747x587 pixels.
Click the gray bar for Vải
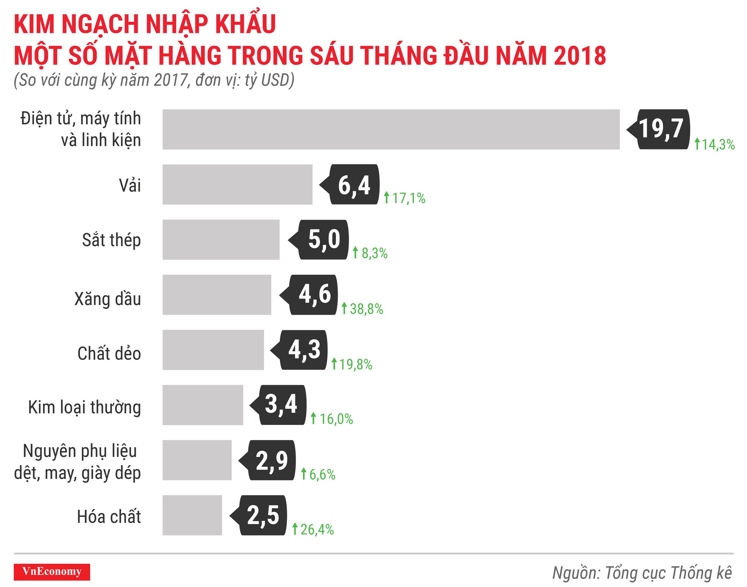(x=237, y=185)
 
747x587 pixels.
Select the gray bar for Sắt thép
(x=221, y=240)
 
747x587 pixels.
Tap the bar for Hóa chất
(x=192, y=515)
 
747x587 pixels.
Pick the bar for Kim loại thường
(x=202, y=405)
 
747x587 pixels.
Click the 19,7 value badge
(x=661, y=129)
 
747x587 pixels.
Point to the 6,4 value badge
(x=354, y=185)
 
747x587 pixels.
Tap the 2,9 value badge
(x=272, y=460)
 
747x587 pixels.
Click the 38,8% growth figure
(x=366, y=309)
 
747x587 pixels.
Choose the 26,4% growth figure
(x=317, y=529)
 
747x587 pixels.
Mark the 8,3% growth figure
(x=374, y=253)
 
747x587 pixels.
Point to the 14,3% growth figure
(x=718, y=145)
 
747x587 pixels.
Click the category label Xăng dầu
(x=108, y=299)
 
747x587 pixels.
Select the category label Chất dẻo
(x=109, y=353)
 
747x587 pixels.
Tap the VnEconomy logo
(x=52, y=572)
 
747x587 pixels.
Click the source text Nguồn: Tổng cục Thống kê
(x=642, y=573)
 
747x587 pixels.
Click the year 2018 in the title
(x=580, y=56)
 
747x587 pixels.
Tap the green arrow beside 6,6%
(x=304, y=474)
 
